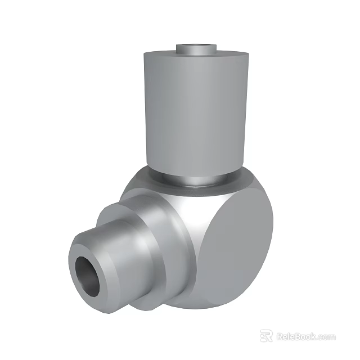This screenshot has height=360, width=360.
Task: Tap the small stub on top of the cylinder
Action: [197, 50]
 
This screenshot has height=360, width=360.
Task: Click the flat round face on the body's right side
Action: [236, 242]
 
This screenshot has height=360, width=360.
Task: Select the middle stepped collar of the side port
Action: [135, 236]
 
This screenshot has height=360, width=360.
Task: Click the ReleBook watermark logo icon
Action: [266, 336]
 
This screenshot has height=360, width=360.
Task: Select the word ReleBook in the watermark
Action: [296, 336]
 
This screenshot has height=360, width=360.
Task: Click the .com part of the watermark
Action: [326, 336]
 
